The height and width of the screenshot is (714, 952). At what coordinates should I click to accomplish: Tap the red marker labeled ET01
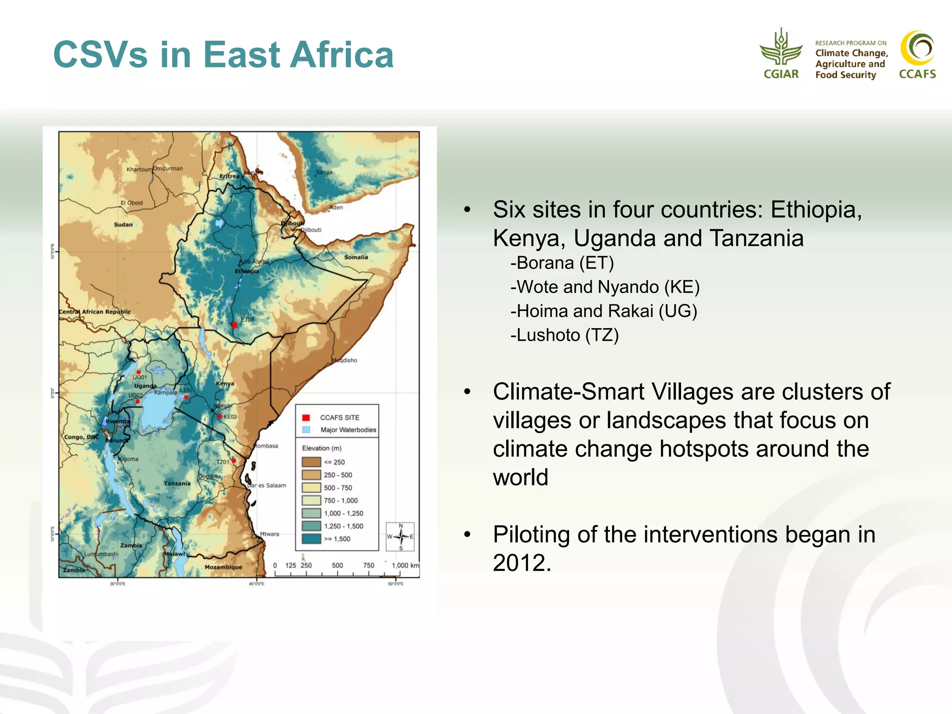pos(234,325)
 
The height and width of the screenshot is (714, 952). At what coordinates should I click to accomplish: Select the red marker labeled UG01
pos(139,372)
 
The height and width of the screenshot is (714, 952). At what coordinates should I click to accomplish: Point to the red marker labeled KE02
pos(219,416)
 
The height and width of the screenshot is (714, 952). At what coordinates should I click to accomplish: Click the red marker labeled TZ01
pos(234,461)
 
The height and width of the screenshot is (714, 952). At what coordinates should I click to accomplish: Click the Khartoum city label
pos(139,169)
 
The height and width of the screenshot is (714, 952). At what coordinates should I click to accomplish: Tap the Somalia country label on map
pos(356,257)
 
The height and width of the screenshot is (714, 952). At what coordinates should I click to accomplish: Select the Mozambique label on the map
pos(223,567)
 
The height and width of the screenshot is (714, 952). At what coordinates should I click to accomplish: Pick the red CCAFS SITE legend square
pos(306,417)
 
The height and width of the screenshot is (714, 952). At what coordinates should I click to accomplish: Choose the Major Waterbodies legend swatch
pos(306,430)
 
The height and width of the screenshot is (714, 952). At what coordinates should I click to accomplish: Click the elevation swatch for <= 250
pos(311,462)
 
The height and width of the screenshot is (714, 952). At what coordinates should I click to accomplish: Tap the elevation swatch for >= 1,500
pos(311,539)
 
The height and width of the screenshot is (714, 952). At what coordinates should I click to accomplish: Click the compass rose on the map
pos(400,537)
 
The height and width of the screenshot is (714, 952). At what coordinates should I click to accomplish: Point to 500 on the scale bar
pos(337,565)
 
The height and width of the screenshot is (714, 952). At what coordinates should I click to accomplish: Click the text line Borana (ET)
pos(562,263)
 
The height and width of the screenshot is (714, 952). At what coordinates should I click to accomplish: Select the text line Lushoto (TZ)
pos(564,335)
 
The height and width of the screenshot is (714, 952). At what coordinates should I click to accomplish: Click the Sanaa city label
pos(324,172)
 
